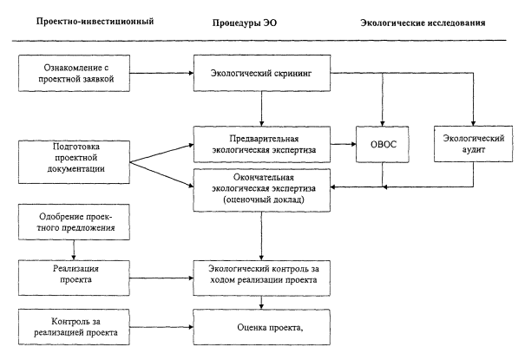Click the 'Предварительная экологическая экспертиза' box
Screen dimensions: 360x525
262,142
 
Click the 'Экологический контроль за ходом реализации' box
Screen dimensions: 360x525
262,276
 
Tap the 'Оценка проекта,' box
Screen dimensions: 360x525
262,328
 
